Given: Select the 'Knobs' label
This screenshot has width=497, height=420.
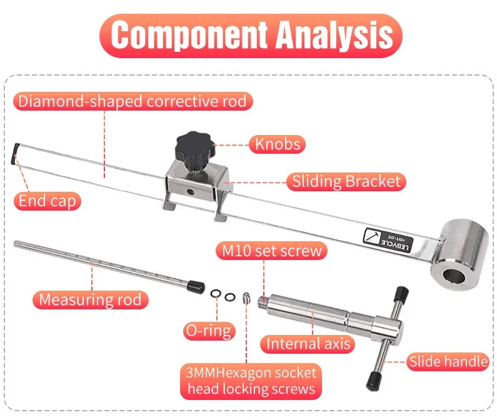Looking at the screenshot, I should point(278,144).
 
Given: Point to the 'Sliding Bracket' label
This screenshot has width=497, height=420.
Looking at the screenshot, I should point(346,182).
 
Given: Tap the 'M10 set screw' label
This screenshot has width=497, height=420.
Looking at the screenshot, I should point(271,251).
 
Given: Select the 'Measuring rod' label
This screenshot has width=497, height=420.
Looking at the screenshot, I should point(91,299).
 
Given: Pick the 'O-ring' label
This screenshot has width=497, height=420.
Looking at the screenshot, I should point(208,329).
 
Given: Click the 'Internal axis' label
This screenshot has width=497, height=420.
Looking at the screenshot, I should point(309,343).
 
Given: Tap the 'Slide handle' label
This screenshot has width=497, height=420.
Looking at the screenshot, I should point(448,361).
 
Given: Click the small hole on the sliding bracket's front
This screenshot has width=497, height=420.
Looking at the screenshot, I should point(191,190).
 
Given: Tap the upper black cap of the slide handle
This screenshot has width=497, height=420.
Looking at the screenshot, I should point(402,292).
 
